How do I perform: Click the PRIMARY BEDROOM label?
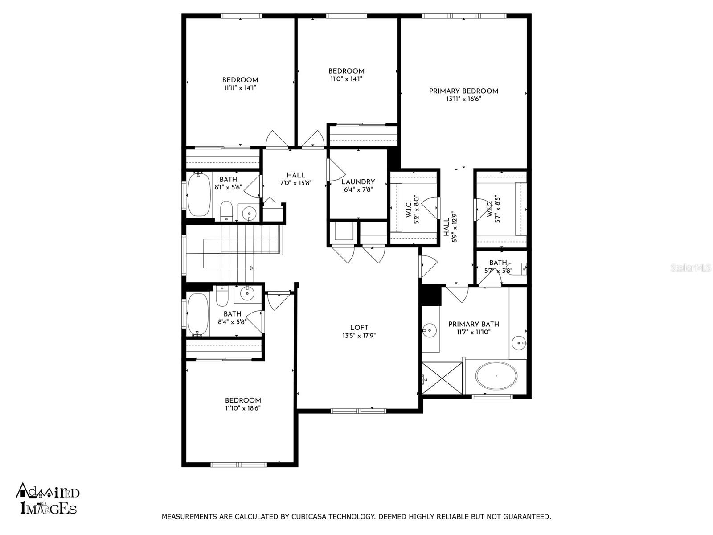pyautogui.click(x=463, y=91)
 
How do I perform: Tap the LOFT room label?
pyautogui.click(x=359, y=328)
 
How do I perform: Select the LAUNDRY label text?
pyautogui.click(x=358, y=182)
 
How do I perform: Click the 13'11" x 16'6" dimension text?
pyautogui.click(x=463, y=99)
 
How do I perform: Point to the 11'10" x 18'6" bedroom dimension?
pyautogui.click(x=243, y=408)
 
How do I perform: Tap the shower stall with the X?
pyautogui.click(x=442, y=378)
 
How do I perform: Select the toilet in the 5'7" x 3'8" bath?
pyautogui.click(x=516, y=269)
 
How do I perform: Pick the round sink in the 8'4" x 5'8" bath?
pyautogui.click(x=248, y=294)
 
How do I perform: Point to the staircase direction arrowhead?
pyautogui.click(x=252, y=267)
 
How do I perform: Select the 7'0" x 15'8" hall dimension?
pyautogui.click(x=296, y=183)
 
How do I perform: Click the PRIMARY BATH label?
pyautogui.click(x=474, y=324)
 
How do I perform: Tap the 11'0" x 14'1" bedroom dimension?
pyautogui.click(x=346, y=79)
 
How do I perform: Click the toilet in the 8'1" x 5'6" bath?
pyautogui.click(x=226, y=210)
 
